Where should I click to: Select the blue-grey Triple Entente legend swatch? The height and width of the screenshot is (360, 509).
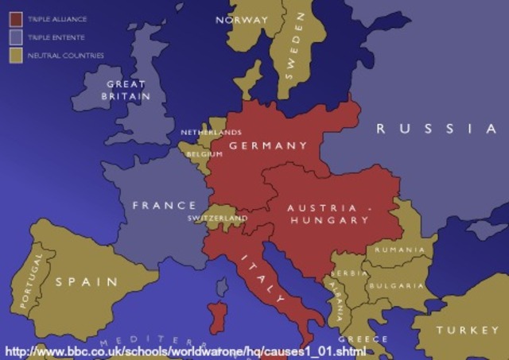15,36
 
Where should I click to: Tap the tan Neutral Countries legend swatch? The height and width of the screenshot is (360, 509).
15,55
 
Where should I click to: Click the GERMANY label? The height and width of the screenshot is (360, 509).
268,145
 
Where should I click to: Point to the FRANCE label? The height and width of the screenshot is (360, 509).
164,205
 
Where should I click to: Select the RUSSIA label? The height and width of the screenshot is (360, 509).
436,129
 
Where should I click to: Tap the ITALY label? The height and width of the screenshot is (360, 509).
261,280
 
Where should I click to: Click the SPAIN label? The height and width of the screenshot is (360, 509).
86,281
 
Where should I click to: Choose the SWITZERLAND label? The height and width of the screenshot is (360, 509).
217,218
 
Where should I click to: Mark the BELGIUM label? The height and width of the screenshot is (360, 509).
204,154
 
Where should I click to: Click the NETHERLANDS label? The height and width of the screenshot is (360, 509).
211,132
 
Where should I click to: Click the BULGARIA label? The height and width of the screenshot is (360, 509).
395,285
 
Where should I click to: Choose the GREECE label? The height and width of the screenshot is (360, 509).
363,339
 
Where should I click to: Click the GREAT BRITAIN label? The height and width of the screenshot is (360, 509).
125,90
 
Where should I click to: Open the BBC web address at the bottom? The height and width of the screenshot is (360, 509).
185,350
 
